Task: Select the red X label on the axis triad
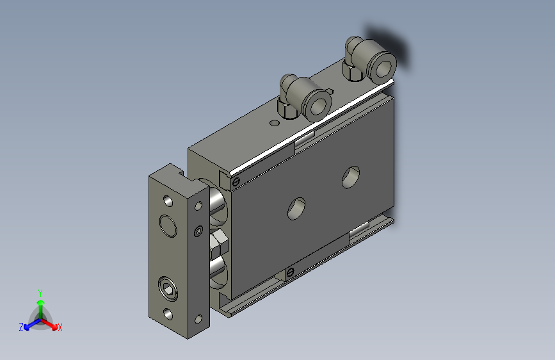(x=60, y=327)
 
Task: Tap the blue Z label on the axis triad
(x=21, y=327)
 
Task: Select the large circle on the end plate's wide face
(x=168, y=225)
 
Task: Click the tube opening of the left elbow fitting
(x=316, y=105)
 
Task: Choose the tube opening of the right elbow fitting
(x=382, y=65)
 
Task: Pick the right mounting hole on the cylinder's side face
(x=351, y=177)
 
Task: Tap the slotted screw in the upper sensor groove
(x=236, y=183)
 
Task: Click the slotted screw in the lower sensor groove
(x=290, y=273)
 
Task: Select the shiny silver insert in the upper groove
(x=305, y=139)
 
